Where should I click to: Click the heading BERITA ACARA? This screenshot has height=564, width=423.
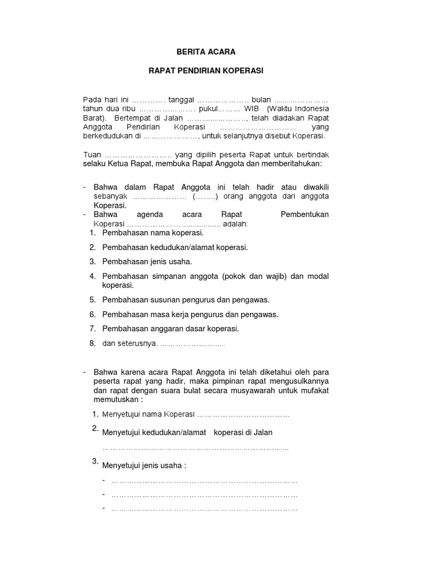point(205,52)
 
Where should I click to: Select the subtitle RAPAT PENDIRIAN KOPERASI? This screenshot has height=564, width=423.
point(205,71)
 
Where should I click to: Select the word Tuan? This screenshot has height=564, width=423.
point(92,155)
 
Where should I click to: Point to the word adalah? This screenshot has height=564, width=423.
point(235,224)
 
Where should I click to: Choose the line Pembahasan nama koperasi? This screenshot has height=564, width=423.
point(149,234)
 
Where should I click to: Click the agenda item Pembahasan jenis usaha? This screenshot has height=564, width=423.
point(147,262)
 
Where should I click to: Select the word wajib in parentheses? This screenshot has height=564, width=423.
point(270,276)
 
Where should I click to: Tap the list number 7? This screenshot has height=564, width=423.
point(93,329)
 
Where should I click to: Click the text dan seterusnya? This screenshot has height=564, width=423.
point(130,344)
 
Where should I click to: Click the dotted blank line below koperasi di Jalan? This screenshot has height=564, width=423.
point(196,448)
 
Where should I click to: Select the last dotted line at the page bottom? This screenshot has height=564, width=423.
point(204,509)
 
